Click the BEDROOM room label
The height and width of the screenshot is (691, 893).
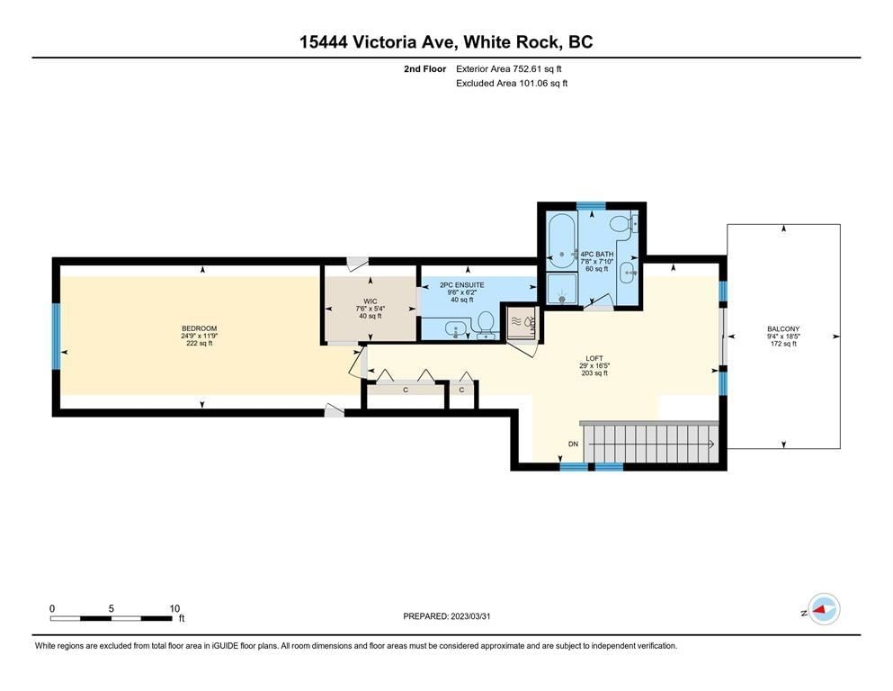200,328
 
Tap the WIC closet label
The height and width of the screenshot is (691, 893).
371,301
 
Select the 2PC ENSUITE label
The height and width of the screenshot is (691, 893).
462,285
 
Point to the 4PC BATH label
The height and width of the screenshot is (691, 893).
597,254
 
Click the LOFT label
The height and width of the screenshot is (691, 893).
594,358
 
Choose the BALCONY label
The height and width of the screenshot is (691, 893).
783,328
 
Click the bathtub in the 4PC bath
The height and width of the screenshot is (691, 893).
561,241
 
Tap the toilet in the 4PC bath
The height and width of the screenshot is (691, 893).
620,225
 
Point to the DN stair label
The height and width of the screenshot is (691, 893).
573,444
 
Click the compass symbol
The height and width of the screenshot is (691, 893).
824,609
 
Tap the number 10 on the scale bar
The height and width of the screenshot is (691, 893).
174,608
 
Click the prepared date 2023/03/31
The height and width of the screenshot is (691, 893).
470,615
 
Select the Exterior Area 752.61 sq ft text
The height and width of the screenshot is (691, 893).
509,69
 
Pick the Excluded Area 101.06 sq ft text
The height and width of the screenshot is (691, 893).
512,83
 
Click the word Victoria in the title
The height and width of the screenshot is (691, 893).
384,42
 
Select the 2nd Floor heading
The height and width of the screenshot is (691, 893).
424,69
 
